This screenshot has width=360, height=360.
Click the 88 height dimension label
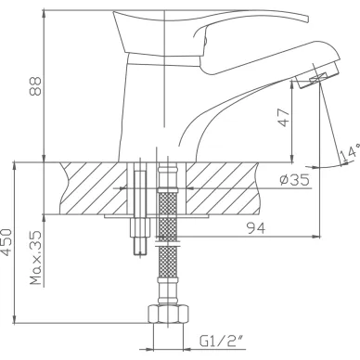click(x=35, y=86)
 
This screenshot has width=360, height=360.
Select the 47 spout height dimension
click(x=285, y=118)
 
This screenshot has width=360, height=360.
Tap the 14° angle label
click(x=350, y=153)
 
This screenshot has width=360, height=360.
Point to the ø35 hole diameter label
click(x=295, y=179)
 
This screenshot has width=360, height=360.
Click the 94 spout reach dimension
click(x=256, y=228)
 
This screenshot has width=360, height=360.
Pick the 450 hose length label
click(x=6, y=243)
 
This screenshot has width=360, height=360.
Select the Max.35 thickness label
click(x=35, y=258)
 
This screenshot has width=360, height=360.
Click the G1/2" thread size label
click(x=221, y=341)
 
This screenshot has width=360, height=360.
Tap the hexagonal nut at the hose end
click(x=168, y=315)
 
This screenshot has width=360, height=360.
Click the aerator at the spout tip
click(x=317, y=76)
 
